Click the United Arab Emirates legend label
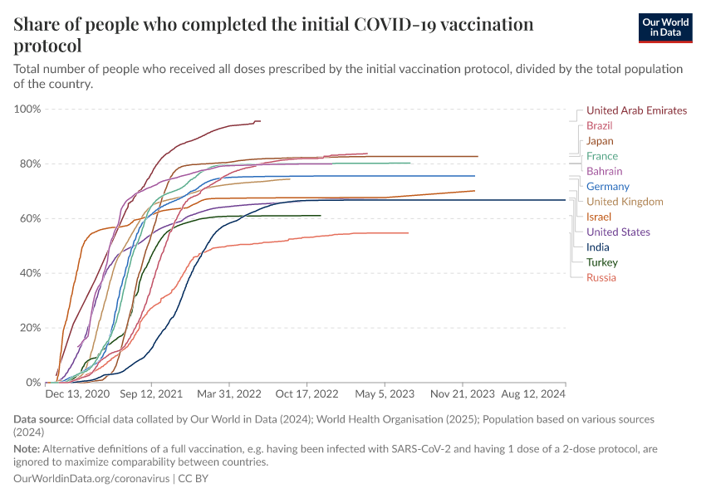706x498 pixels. (636, 110)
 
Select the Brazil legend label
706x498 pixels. (599, 125)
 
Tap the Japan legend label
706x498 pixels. (600, 141)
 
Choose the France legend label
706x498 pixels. (601, 156)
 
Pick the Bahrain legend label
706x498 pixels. (604, 171)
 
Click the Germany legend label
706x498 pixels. (607, 187)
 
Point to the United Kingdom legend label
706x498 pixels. (624, 202)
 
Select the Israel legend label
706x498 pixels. (598, 217)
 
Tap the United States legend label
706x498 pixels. (618, 232)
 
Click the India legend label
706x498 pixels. (597, 247)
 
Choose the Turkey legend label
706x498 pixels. (601, 262)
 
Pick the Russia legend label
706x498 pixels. (601, 277)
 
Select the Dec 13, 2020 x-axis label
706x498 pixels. (77, 394)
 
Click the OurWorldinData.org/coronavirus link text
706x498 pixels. (91, 479)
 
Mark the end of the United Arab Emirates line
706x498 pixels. (260, 121)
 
